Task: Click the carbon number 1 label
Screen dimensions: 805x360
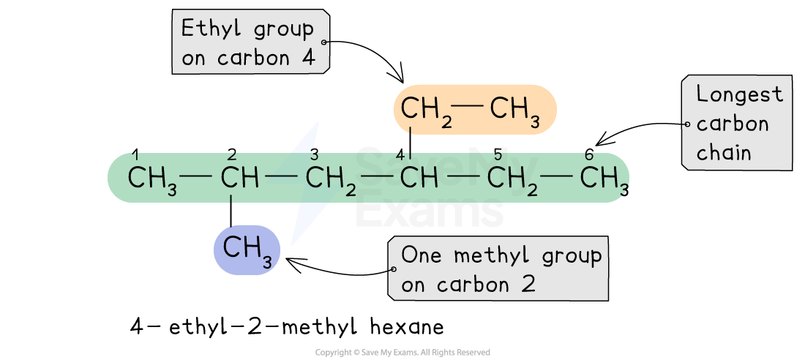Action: click(135, 154)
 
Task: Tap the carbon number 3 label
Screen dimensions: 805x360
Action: click(314, 154)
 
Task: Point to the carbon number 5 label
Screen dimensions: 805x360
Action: click(496, 154)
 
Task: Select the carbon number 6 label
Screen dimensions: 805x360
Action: click(589, 154)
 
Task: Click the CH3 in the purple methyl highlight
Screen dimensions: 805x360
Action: click(247, 250)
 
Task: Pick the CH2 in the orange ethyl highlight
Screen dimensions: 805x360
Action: click(424, 110)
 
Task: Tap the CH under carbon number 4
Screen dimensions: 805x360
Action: click(419, 178)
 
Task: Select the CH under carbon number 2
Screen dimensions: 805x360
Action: click(240, 178)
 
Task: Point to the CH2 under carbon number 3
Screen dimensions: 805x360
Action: click(331, 180)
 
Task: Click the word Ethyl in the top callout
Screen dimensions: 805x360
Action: click(211, 29)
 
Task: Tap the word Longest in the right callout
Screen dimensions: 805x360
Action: click(740, 94)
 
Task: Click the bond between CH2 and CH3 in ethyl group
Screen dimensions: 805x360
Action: click(468, 107)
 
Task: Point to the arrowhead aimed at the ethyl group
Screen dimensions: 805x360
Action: click(397, 75)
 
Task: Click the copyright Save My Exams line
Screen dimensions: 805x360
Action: click(402, 352)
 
